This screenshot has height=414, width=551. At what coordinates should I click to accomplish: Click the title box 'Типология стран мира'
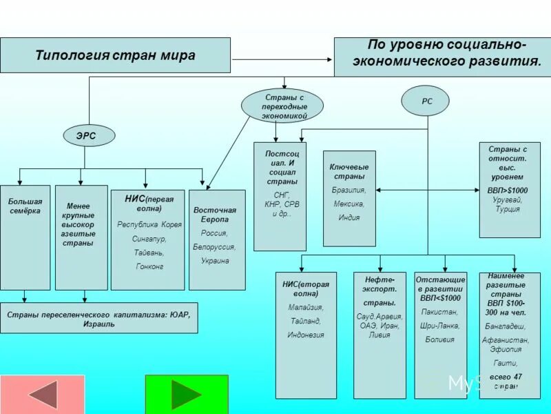[115, 55]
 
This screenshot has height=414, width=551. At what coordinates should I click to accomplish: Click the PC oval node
[427, 101]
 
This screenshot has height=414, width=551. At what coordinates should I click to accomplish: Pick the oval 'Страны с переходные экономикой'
[282, 106]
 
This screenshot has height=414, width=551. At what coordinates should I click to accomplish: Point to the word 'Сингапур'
[149, 238]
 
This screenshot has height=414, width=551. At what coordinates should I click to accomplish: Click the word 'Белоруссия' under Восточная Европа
[214, 247]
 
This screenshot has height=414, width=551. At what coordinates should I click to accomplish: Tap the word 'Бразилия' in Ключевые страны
[349, 190]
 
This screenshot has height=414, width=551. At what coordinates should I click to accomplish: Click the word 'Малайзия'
[306, 307]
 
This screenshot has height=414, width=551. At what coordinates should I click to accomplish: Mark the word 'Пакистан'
[439, 312]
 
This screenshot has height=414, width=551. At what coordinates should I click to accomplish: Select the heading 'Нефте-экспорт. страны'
[380, 290]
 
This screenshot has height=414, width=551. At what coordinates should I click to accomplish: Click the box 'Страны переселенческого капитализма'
[98, 318]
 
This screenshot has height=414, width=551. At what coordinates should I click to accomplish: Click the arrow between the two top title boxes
[282, 59]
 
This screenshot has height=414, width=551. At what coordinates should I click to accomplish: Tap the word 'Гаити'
[507, 363]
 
